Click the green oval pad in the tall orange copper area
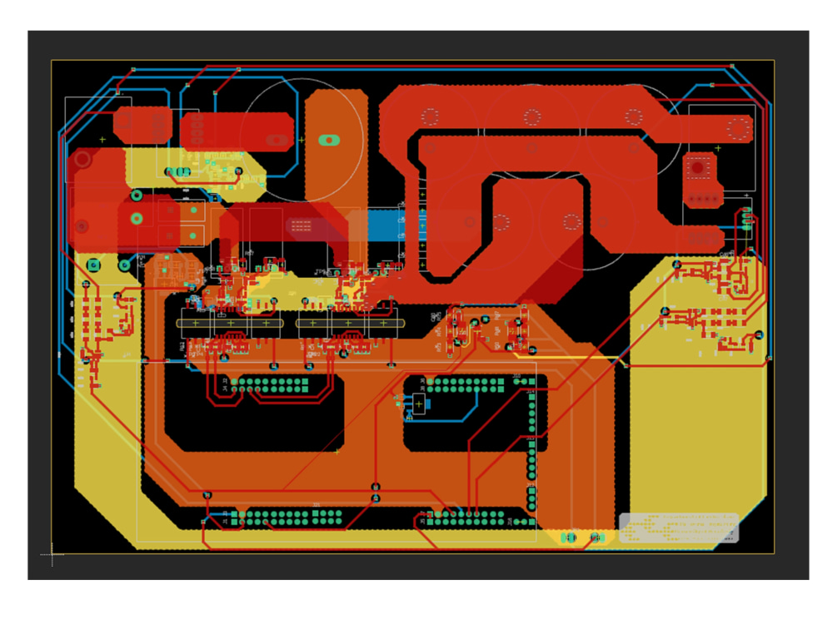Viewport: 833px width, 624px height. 330,140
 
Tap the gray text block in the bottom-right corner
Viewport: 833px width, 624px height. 679,527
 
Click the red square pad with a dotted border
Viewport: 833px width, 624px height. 698,167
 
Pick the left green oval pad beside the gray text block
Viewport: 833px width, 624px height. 569,537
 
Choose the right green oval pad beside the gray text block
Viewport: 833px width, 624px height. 596,537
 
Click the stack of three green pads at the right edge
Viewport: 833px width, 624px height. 747,220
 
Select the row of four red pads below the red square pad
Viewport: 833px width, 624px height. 703,198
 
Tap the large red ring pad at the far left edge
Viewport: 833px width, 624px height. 82,159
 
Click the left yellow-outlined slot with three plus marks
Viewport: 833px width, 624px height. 231,323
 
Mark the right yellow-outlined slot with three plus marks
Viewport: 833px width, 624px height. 349,323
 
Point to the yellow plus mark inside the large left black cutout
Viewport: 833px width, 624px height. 337,452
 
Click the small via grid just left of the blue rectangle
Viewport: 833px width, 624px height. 302,225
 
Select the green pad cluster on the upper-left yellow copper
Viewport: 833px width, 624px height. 178,172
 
